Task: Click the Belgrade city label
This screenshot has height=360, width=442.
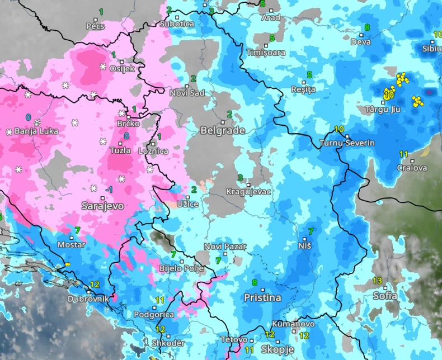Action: [x=223, y=130]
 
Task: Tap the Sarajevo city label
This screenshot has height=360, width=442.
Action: [x=102, y=206]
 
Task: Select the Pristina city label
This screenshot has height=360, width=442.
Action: [x=262, y=298]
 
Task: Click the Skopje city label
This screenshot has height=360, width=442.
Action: [x=278, y=349]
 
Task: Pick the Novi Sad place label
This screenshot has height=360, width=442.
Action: [x=187, y=93]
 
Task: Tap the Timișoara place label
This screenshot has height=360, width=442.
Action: [x=266, y=53]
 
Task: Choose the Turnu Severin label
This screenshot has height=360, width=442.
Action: [x=346, y=143]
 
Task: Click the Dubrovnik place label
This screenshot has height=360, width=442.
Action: [x=88, y=299]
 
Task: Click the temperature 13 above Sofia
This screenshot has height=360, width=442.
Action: [x=378, y=281]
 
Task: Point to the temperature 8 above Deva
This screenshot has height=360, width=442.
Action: [x=367, y=27]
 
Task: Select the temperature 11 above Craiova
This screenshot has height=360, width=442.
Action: [x=403, y=154]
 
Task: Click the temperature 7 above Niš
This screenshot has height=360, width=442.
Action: [x=311, y=231]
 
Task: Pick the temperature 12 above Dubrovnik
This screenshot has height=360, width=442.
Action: [x=94, y=285]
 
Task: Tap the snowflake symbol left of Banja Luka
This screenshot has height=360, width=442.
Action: [x=9, y=132]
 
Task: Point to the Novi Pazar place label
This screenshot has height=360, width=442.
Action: [x=221, y=247]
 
